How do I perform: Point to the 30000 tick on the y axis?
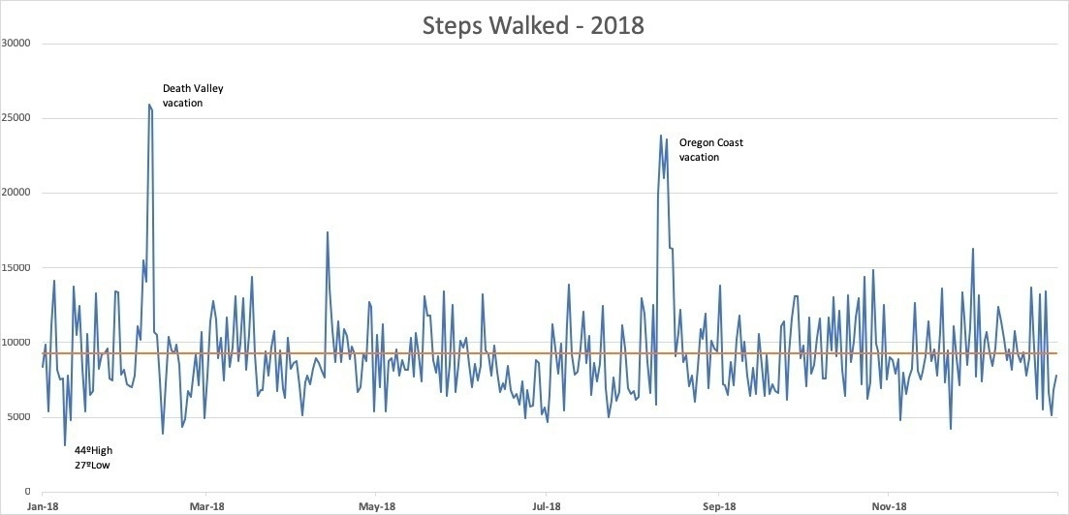point(16,44)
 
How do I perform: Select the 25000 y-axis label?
point(16,118)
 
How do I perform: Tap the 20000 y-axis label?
point(16,193)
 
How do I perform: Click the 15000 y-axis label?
point(16,268)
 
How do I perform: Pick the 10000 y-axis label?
point(16,343)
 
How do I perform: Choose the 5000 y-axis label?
point(19,417)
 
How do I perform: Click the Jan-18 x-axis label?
point(42,506)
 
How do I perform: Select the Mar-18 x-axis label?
point(206,506)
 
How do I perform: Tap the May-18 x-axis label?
point(377,506)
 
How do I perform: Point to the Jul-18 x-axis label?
point(547,506)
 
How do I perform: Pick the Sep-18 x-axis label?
point(719,506)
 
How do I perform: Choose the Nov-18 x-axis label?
point(889,506)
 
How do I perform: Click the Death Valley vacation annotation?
point(192,95)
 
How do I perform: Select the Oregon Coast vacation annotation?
point(710,150)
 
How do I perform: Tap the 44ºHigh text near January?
point(95,450)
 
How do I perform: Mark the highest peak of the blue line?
point(149,105)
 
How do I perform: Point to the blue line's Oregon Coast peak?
point(660,136)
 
